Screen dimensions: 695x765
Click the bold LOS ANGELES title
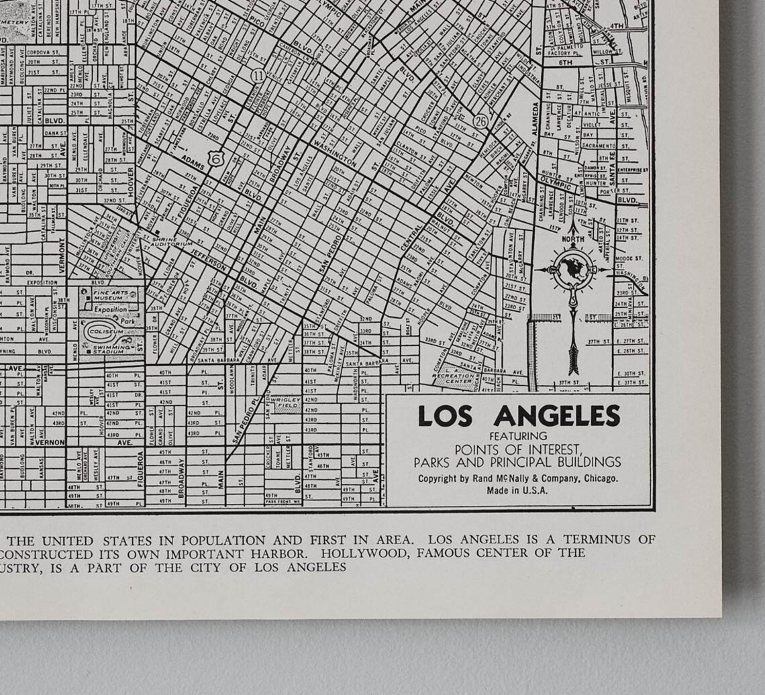click(x=519, y=417)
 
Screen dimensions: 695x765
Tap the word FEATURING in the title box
click(x=518, y=437)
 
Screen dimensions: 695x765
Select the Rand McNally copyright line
click(x=518, y=478)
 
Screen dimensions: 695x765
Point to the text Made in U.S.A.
click(x=517, y=490)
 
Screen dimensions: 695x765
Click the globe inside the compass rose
click(x=573, y=270)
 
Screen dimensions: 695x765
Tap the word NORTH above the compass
click(x=573, y=239)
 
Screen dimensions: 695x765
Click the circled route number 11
click(x=258, y=76)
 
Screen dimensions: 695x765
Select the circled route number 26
click(x=480, y=121)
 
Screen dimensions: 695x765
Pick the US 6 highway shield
click(x=215, y=158)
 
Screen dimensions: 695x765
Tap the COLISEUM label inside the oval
click(x=109, y=331)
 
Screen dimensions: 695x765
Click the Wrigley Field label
click(x=285, y=403)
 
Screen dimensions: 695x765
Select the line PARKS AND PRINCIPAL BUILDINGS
click(x=517, y=462)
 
